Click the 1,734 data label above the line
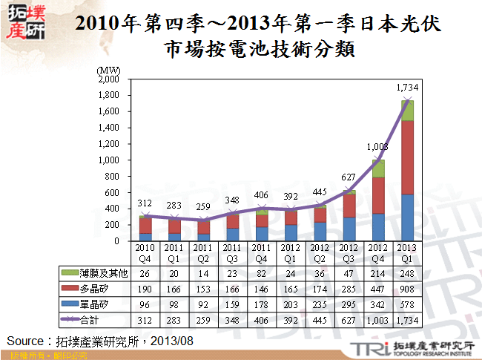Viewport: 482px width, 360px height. point(406,88)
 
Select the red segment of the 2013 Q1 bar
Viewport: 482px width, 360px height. point(406,157)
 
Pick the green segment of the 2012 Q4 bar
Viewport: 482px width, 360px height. point(378,168)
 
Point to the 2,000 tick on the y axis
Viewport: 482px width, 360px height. point(108,79)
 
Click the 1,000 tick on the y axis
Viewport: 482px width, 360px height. point(108,160)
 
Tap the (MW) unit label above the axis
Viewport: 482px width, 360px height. point(108,69)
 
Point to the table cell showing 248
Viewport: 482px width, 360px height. point(406,272)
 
